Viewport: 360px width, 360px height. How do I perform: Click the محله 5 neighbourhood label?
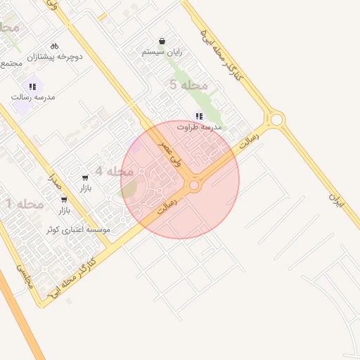tap(188, 85)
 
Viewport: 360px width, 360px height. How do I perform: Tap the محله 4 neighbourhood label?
tap(114, 172)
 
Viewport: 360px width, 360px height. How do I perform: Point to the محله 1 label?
tap(25, 204)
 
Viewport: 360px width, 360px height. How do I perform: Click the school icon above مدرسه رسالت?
tap(32, 86)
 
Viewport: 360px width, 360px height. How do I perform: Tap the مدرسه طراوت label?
tap(200, 127)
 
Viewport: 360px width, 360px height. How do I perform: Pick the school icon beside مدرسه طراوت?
tap(200, 116)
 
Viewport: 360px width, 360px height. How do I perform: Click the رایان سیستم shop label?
tap(163, 52)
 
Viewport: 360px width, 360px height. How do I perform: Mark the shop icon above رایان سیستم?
tap(162, 41)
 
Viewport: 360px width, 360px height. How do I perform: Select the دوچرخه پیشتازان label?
tap(55, 56)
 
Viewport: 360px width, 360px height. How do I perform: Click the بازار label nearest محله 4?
tap(85, 188)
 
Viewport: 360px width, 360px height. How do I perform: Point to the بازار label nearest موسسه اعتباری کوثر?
tap(64, 210)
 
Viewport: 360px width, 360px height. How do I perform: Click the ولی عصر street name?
tap(170, 153)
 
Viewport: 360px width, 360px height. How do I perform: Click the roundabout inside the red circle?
tap(193, 186)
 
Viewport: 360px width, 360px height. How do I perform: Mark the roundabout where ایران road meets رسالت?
tap(276, 120)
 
